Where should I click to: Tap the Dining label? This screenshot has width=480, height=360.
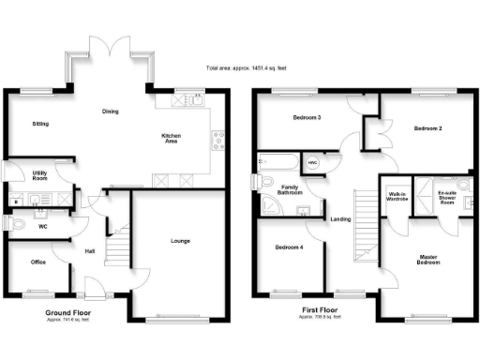click(x=111, y=112)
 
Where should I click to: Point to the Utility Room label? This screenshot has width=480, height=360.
click(x=39, y=175)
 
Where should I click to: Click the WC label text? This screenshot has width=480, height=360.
click(x=43, y=225)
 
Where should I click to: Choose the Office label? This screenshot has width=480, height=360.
click(x=38, y=262)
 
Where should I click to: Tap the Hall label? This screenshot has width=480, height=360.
click(x=89, y=250)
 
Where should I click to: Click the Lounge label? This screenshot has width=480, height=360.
click(x=180, y=241)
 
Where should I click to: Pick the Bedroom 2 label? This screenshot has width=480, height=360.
click(x=427, y=127)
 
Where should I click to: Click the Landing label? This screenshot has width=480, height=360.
click(x=340, y=219)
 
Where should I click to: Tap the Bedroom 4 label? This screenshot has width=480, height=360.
click(x=289, y=247)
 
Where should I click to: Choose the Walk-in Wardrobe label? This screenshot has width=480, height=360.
click(x=397, y=198)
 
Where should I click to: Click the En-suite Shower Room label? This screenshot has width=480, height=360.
click(x=452, y=198)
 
